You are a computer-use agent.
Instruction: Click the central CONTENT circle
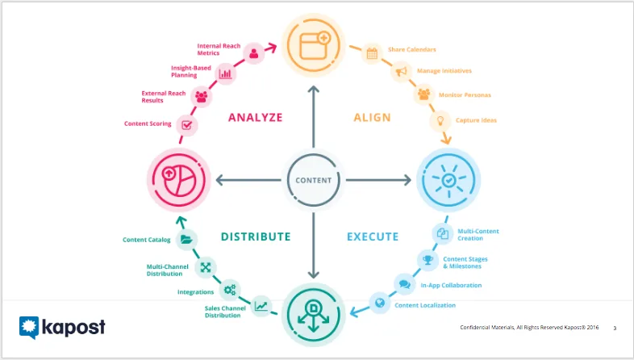click(x=313, y=180)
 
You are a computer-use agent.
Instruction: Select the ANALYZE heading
click(x=256, y=117)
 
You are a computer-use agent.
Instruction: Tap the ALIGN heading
click(x=372, y=117)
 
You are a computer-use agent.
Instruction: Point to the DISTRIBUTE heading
click(x=256, y=237)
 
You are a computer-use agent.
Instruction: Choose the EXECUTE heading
click(x=373, y=237)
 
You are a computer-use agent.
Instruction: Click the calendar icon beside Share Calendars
click(x=372, y=53)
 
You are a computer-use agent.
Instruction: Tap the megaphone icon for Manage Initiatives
click(x=401, y=72)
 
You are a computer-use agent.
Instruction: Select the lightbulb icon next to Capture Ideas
click(x=440, y=120)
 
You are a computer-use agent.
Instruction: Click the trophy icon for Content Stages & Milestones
click(x=428, y=259)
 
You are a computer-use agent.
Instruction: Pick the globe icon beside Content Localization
click(x=380, y=303)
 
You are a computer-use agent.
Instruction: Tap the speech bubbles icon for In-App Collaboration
click(x=404, y=284)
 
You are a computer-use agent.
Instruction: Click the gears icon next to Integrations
click(x=230, y=290)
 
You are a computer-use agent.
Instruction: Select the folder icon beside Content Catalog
click(x=186, y=240)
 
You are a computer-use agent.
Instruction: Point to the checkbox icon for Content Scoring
click(x=186, y=125)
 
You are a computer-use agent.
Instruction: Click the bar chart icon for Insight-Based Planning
click(x=225, y=73)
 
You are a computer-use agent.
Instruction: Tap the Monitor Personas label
click(x=465, y=95)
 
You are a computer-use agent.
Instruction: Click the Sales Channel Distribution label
click(x=225, y=312)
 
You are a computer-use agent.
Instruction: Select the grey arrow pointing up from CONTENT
click(x=313, y=116)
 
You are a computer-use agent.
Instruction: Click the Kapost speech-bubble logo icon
click(x=29, y=327)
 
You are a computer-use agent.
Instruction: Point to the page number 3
click(x=615, y=328)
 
